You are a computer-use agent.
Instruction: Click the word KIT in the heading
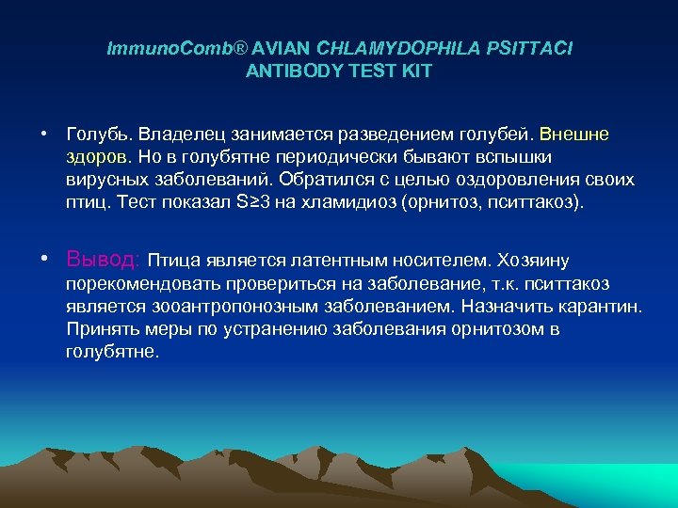click(416, 71)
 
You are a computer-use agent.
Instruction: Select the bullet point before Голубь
click(44, 135)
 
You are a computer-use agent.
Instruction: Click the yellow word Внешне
click(574, 135)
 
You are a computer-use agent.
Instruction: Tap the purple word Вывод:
click(104, 259)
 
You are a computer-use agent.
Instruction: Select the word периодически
click(338, 157)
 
